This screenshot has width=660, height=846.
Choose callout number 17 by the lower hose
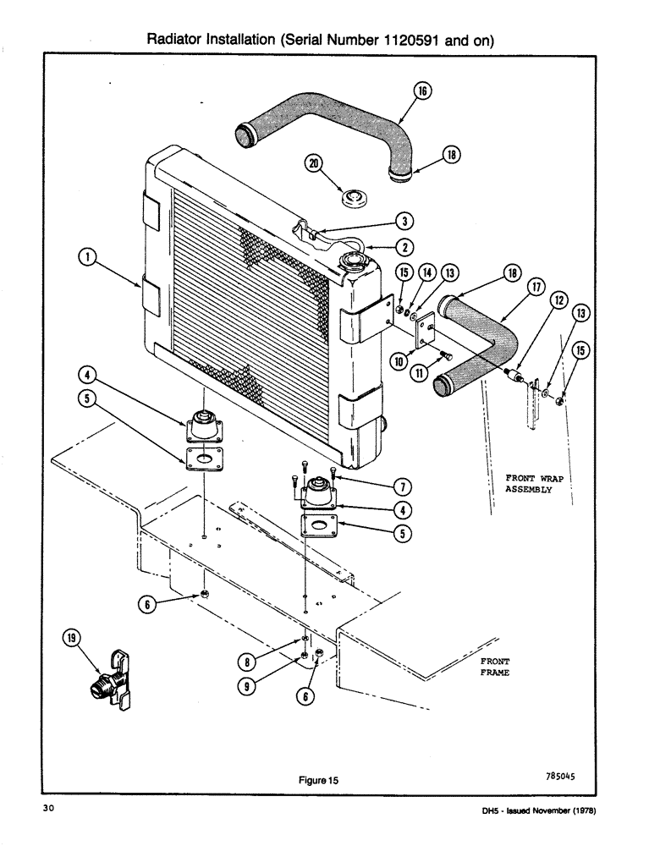[535, 288]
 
